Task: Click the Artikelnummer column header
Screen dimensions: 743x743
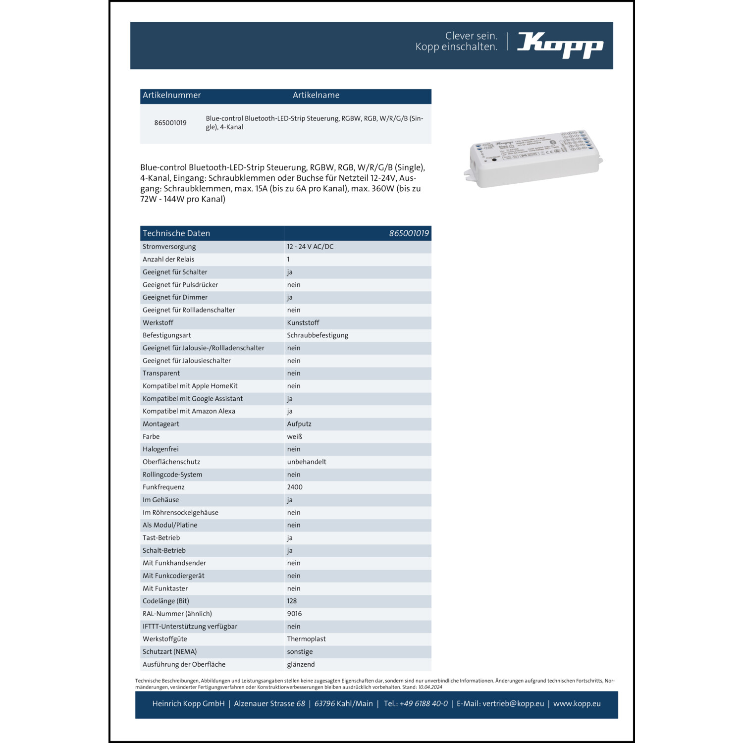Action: [172, 95]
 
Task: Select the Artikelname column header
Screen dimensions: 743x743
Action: [316, 95]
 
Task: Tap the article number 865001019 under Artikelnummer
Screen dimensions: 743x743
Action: [170, 123]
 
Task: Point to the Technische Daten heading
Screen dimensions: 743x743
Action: [176, 233]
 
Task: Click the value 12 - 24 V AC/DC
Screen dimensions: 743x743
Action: [310, 247]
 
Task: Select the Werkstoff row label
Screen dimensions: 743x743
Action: [158, 322]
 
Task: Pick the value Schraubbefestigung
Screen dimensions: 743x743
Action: [318, 335]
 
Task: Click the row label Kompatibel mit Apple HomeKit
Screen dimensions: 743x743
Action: [190, 386]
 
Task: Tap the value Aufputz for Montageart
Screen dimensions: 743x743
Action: [299, 424]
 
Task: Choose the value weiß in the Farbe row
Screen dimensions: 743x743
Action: [295, 436]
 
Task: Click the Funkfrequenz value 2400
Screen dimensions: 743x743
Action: [295, 487]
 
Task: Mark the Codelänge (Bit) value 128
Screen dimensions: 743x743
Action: [292, 601]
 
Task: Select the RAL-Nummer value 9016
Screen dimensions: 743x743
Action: [294, 614]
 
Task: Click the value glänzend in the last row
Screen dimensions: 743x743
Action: [301, 664]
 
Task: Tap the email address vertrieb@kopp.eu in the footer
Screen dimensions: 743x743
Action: [513, 704]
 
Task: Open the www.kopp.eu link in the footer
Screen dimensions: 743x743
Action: [577, 704]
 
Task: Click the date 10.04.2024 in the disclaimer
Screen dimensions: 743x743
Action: [430, 687]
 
